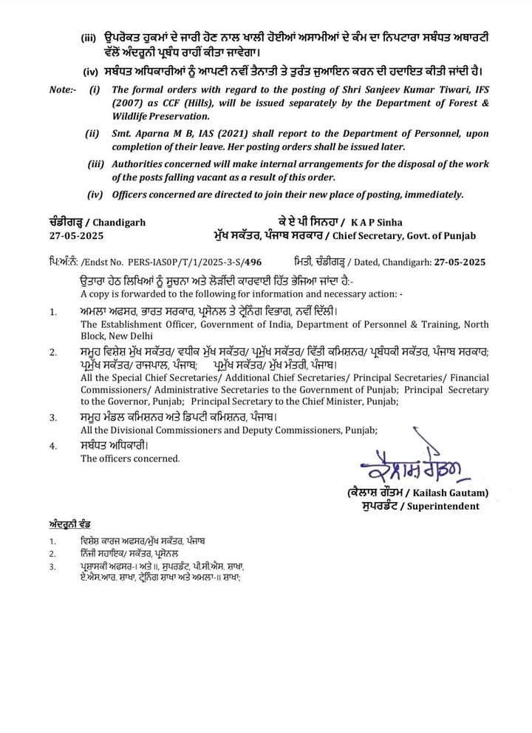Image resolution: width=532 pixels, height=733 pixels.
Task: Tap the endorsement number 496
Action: coord(253,262)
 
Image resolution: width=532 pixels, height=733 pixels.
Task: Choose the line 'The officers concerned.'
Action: coord(129,459)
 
